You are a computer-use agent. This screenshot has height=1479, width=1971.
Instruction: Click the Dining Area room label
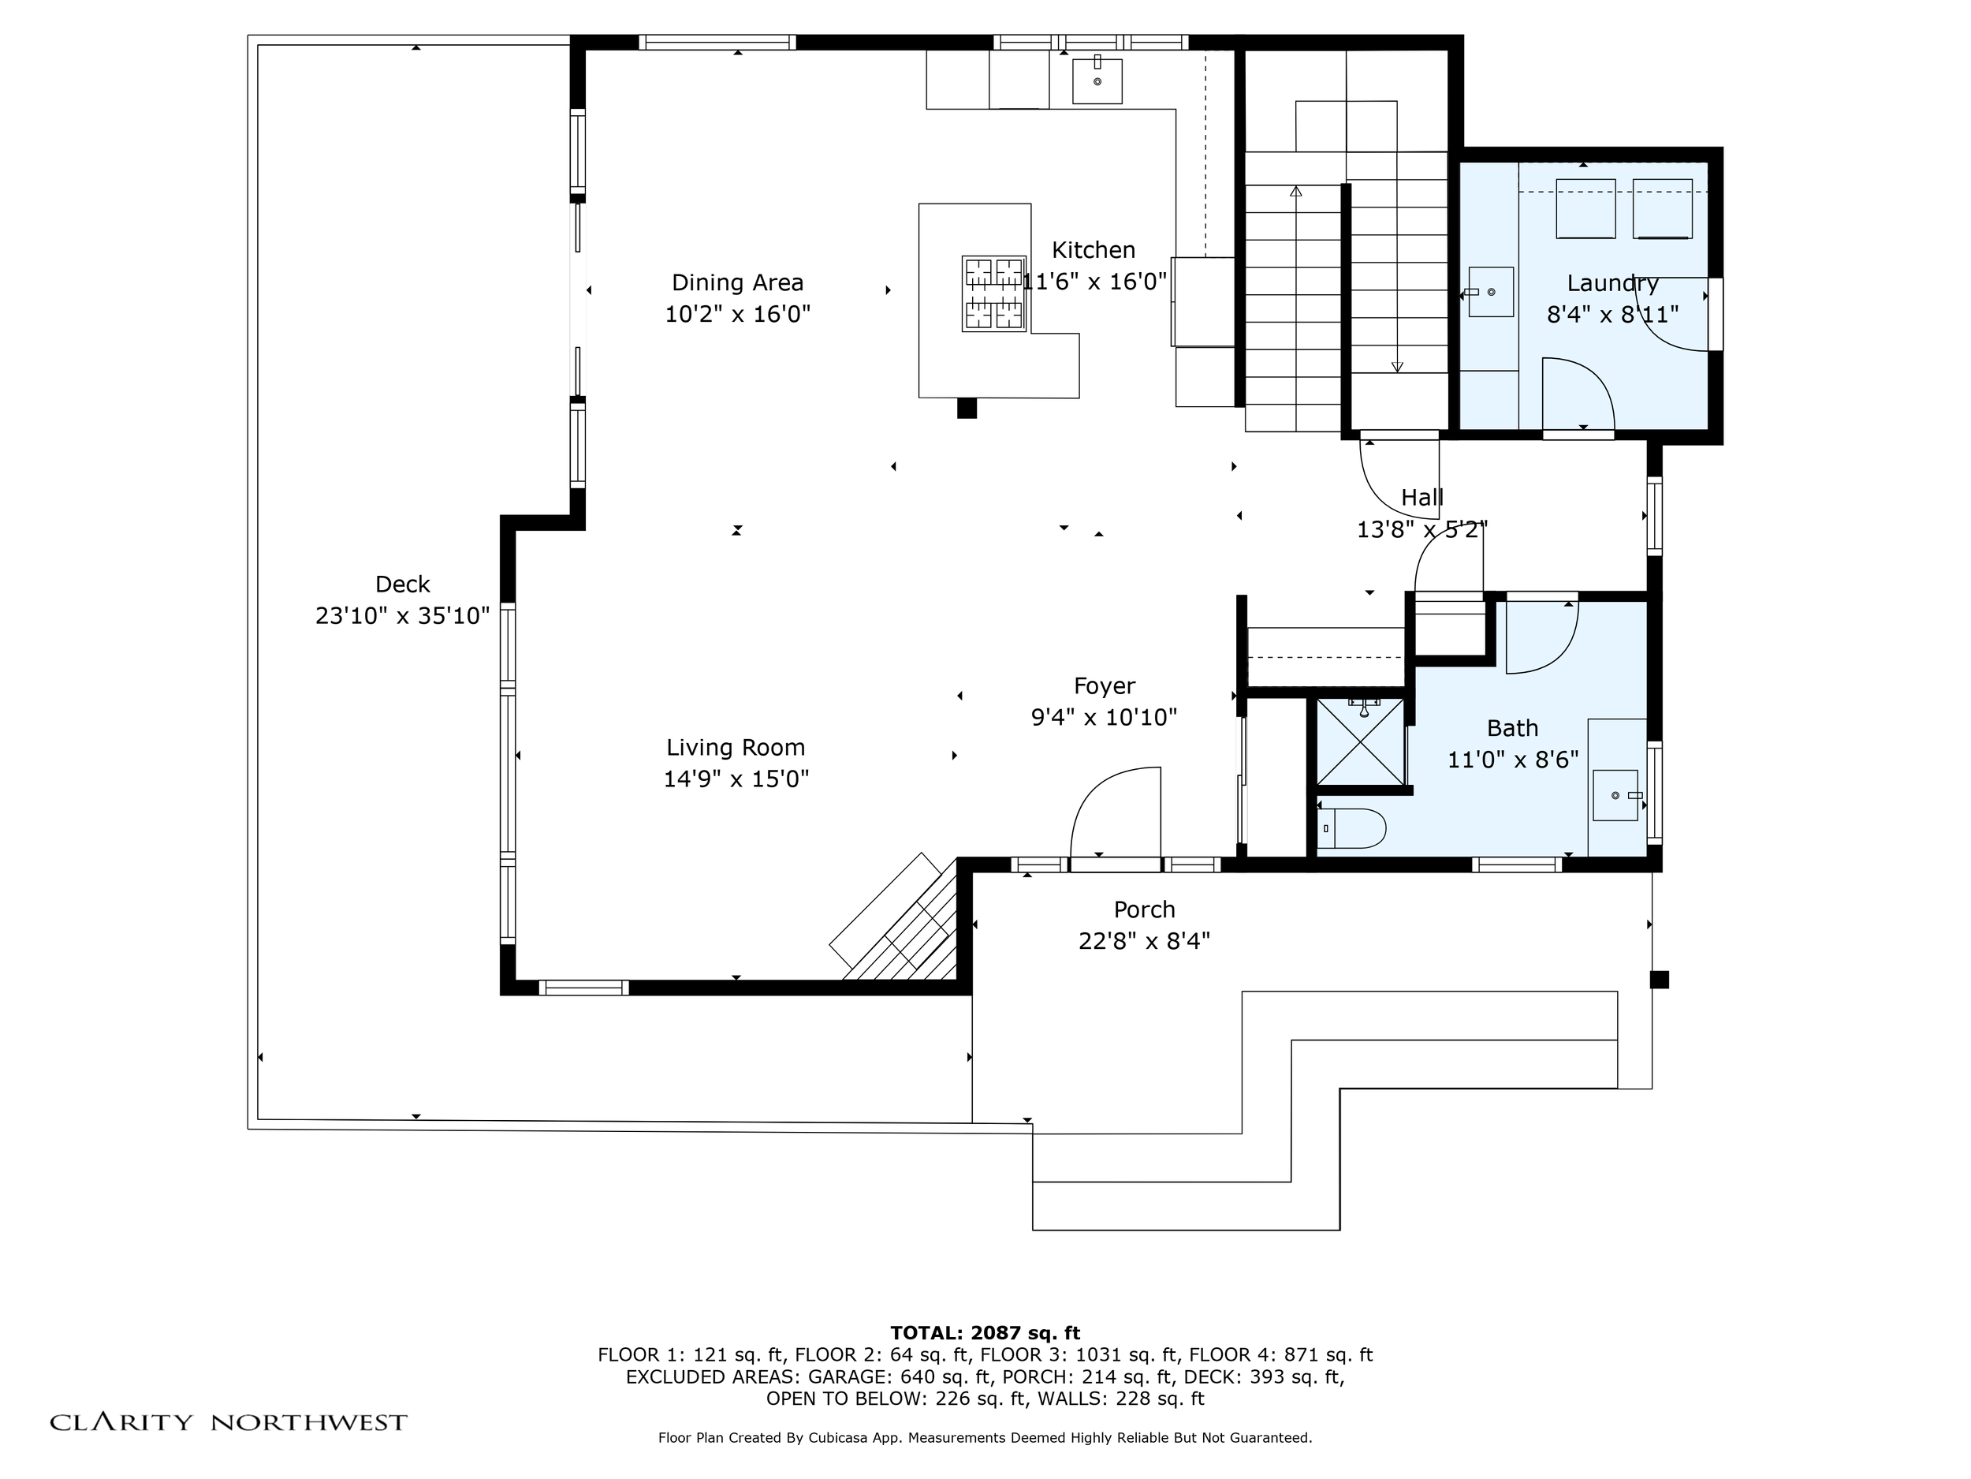738,282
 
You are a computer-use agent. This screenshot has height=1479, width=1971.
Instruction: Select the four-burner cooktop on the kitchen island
993,294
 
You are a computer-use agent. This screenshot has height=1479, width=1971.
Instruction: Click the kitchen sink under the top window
1097,80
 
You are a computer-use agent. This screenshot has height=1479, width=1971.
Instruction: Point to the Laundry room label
1613,283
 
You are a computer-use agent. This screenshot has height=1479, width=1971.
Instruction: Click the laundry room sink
1491,292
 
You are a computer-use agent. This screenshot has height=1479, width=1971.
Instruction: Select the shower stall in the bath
1360,741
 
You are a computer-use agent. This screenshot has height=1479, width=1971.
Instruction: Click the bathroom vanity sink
1615,795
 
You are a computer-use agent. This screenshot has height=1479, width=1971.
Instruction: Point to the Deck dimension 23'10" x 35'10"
403,616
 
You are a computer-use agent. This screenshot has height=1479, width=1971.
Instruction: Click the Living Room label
736,747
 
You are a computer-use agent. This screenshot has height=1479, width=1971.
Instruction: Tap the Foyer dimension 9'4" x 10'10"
1104,718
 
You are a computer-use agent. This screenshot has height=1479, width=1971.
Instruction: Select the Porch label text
1144,909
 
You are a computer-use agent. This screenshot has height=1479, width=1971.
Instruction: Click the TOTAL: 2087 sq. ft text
985,1333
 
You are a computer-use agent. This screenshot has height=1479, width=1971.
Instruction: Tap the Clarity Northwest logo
228,1422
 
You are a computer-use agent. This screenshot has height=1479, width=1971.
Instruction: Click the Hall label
1422,498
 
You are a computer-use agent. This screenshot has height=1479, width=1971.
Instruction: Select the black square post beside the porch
1659,980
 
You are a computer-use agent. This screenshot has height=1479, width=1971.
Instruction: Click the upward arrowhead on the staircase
1295,191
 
